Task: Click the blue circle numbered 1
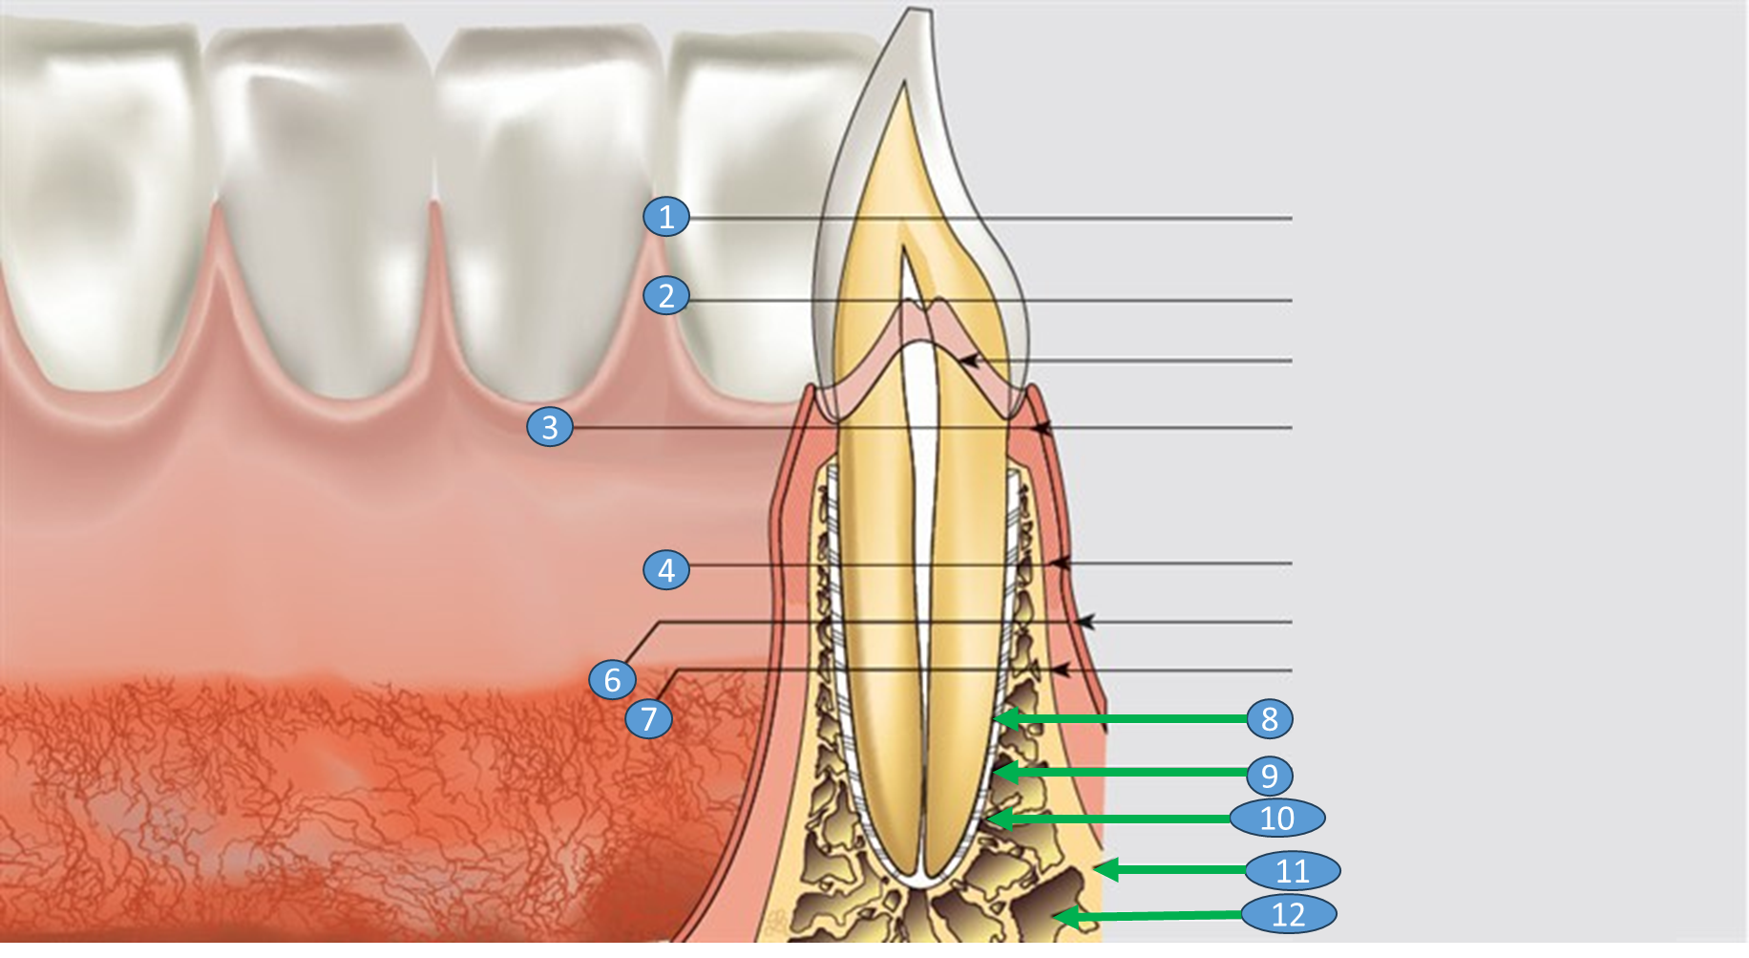(x=666, y=217)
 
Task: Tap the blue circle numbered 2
(x=666, y=295)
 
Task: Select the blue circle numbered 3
(x=550, y=427)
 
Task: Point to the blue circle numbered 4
(x=666, y=569)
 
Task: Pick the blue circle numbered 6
(x=613, y=679)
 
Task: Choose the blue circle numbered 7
(x=649, y=717)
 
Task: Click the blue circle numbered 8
(x=1270, y=718)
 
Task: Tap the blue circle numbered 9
(x=1270, y=775)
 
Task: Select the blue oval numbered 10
(x=1277, y=818)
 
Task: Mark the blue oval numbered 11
(x=1293, y=870)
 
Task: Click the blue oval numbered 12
(x=1289, y=914)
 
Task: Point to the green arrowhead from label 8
(x=1005, y=718)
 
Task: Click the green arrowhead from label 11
(x=1106, y=869)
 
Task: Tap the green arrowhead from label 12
(x=1065, y=918)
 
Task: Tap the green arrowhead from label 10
(x=1000, y=819)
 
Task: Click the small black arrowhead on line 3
(x=1042, y=428)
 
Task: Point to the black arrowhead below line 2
(x=970, y=361)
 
